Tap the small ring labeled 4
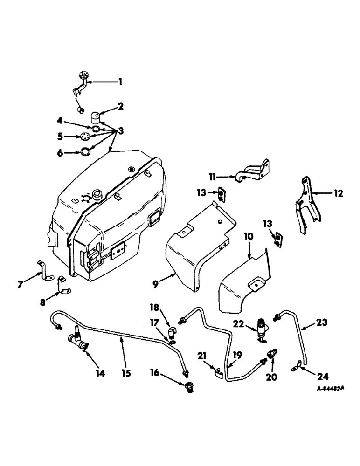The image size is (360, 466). click(95, 129)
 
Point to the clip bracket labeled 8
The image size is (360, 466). click(62, 286)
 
